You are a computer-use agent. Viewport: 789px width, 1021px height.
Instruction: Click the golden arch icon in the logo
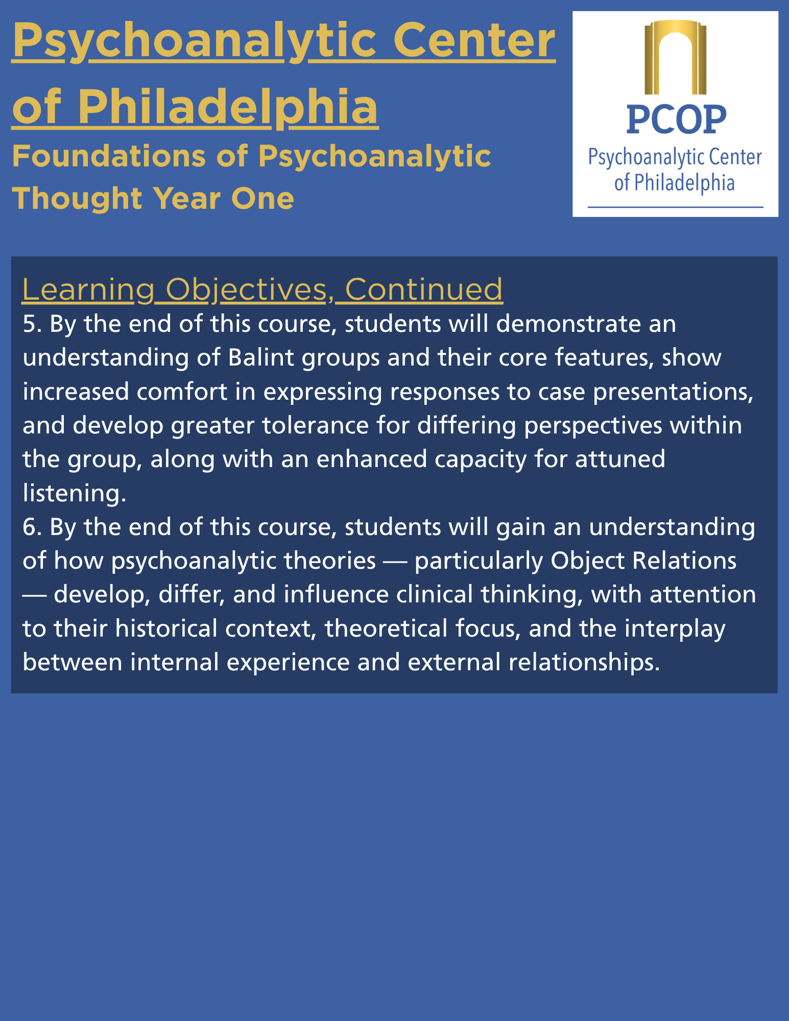pos(675,57)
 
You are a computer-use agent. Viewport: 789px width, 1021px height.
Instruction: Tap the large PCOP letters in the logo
pos(676,119)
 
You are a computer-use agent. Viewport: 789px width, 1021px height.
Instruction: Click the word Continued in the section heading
pos(424,289)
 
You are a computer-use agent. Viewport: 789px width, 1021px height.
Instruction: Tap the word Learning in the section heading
pos(88,290)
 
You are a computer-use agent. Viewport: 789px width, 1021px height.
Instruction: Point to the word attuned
pos(620,459)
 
